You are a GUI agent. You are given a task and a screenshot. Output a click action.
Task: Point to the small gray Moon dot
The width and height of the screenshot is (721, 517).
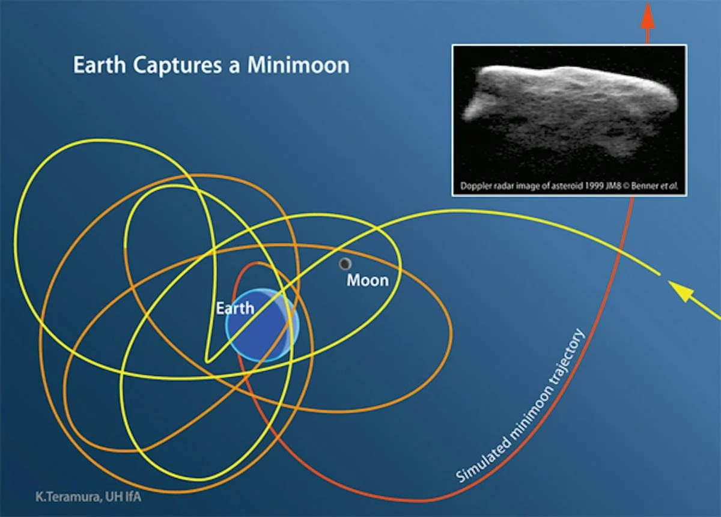(x=345, y=264)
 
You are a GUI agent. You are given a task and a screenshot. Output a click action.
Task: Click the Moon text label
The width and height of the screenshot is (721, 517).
(x=368, y=280)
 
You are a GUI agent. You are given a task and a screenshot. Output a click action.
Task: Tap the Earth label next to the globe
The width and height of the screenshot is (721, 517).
(x=235, y=309)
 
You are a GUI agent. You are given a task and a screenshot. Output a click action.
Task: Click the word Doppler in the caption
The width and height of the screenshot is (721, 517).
(x=475, y=186)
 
